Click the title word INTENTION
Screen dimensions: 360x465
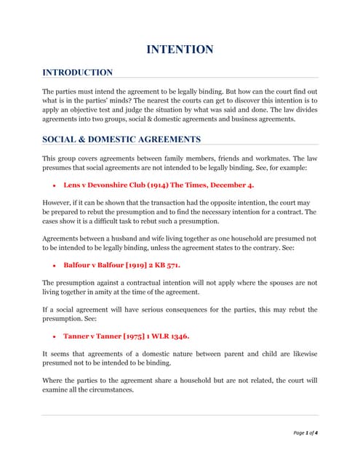click(x=180, y=49)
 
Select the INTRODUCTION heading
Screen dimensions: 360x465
click(x=77, y=73)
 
